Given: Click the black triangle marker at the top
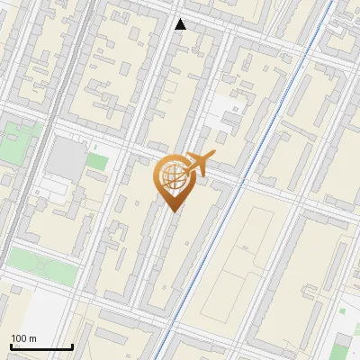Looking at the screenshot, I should [181, 24].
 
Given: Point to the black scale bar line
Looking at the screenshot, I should [41, 347].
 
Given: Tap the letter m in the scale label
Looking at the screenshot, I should [33, 338].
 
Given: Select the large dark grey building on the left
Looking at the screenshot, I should [64, 158].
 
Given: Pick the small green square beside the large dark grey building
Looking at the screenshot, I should [97, 163].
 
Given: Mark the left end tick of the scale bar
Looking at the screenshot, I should [11, 346].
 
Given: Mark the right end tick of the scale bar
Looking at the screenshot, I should [72, 346].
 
